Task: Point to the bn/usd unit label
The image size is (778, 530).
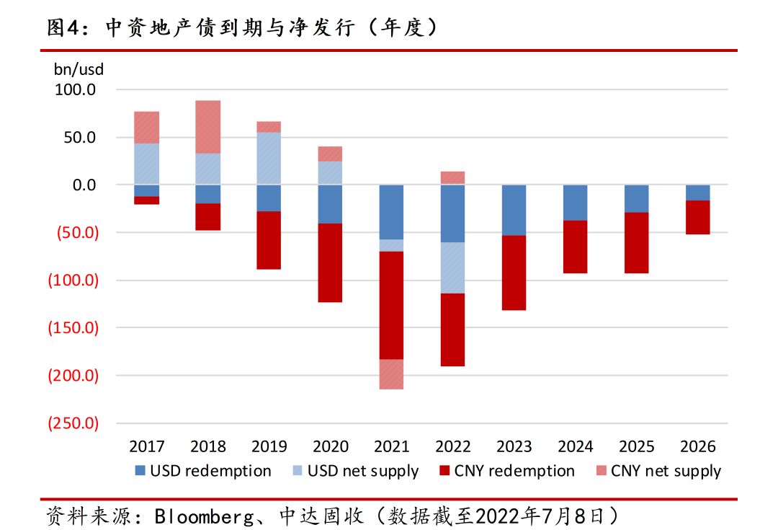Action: (x=79, y=70)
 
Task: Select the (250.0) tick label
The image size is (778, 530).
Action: (x=73, y=423)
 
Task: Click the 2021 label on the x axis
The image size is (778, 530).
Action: (x=391, y=446)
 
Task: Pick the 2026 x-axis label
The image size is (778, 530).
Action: (x=697, y=446)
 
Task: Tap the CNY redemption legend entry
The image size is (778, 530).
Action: (x=506, y=471)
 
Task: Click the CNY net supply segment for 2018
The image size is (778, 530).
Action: (x=207, y=127)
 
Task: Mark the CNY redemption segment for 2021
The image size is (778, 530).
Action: (x=391, y=305)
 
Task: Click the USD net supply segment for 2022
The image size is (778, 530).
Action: (x=452, y=268)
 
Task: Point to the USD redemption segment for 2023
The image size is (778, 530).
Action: (x=514, y=211)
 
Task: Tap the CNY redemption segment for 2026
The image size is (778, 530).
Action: (x=697, y=217)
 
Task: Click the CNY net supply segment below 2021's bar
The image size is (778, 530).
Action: (x=391, y=374)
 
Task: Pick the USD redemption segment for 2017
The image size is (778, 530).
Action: (x=146, y=191)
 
